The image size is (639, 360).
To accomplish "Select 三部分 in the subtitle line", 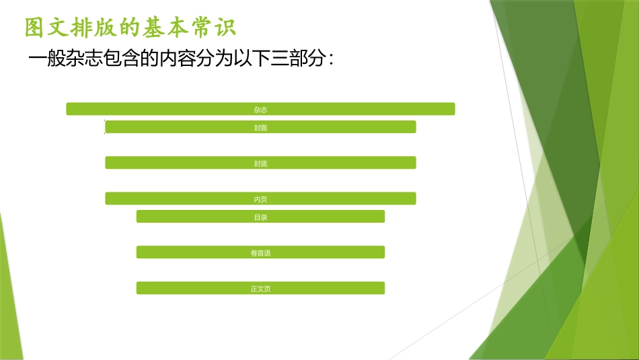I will [297, 59].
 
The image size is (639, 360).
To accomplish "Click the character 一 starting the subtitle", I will [38, 59].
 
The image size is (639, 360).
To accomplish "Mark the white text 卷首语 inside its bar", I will [260, 253].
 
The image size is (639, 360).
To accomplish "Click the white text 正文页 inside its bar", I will [260, 289].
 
